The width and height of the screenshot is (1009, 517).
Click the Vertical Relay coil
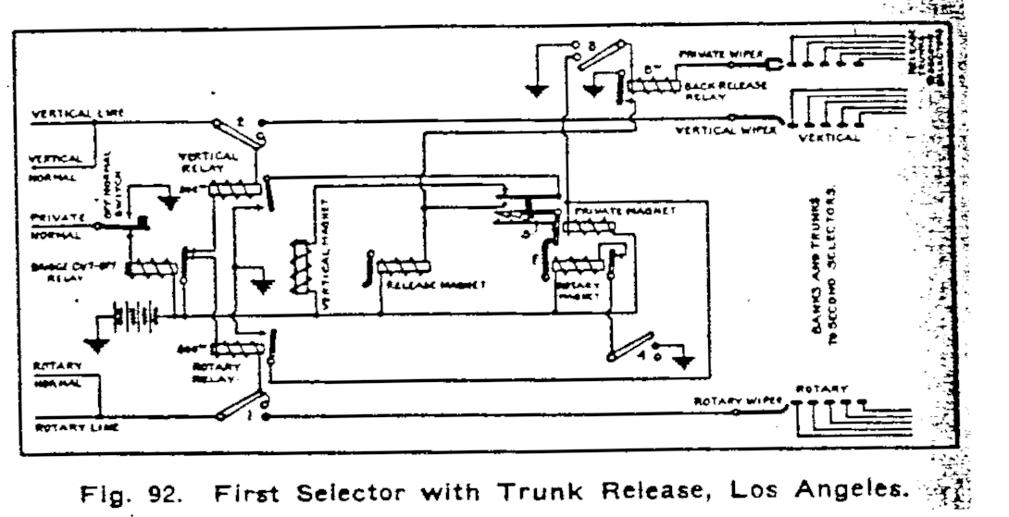coord(231,190)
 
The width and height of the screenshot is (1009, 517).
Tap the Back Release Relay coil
coord(654,85)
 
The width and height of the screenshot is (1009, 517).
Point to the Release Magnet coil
coord(405,268)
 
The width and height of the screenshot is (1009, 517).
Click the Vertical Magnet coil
coord(299,268)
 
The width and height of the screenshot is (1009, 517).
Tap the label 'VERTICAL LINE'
coord(78,114)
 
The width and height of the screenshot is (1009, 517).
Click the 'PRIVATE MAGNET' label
coord(625,211)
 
